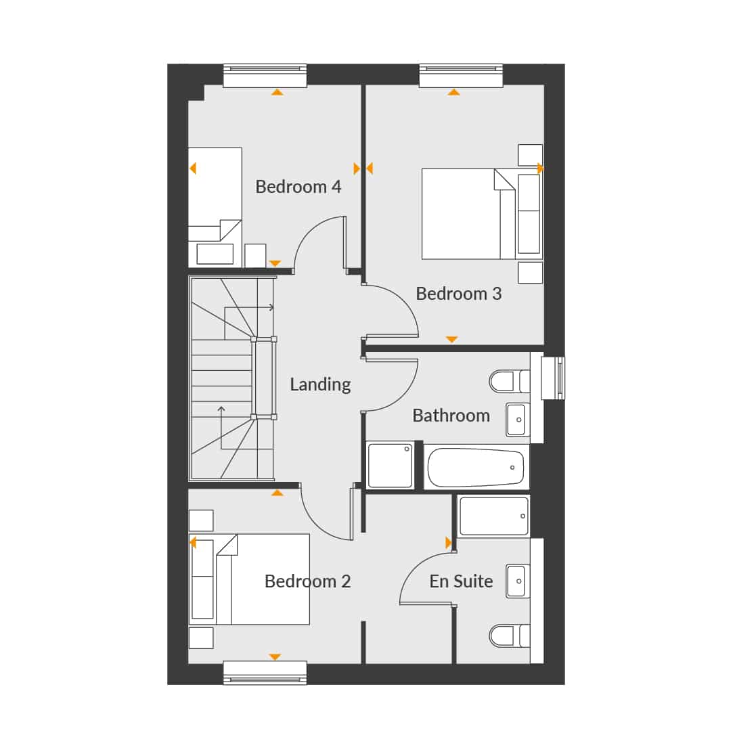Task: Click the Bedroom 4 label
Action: click(298, 187)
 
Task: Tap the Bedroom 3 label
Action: click(458, 294)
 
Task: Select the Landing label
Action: click(320, 385)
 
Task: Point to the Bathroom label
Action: click(451, 416)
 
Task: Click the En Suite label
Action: click(461, 581)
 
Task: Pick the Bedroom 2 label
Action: click(307, 581)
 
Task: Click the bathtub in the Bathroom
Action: click(476, 468)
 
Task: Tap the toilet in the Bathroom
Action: click(510, 381)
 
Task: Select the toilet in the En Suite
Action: click(510, 636)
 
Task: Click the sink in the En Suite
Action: click(518, 581)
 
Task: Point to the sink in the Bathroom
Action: click(518, 420)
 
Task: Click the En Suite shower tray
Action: click(494, 516)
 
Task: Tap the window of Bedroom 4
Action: click(265, 76)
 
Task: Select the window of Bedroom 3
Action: click(461, 76)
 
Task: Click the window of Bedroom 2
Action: click(265, 673)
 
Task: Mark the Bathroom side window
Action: click(553, 378)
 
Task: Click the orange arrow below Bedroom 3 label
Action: click(451, 339)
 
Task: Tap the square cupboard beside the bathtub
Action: click(390, 466)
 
